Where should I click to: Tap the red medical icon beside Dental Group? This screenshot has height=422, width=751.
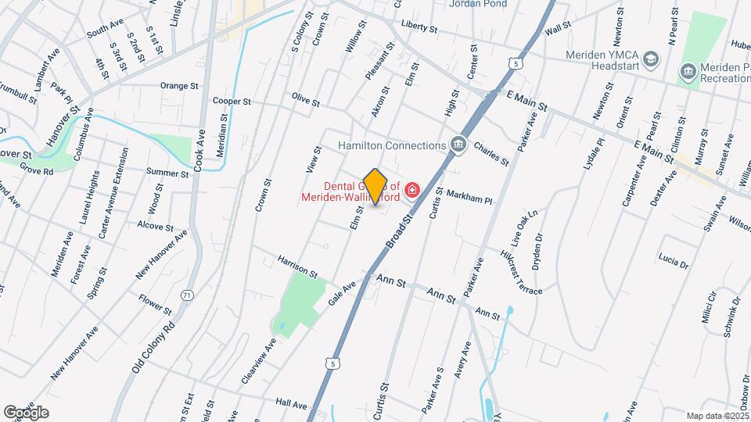click(x=412, y=189)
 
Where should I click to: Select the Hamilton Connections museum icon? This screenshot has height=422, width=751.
click(x=458, y=145)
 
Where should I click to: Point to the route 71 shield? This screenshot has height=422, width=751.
click(x=186, y=295)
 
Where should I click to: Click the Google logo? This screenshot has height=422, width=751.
click(x=26, y=412)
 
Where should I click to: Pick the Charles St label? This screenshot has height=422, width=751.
click(x=490, y=152)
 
